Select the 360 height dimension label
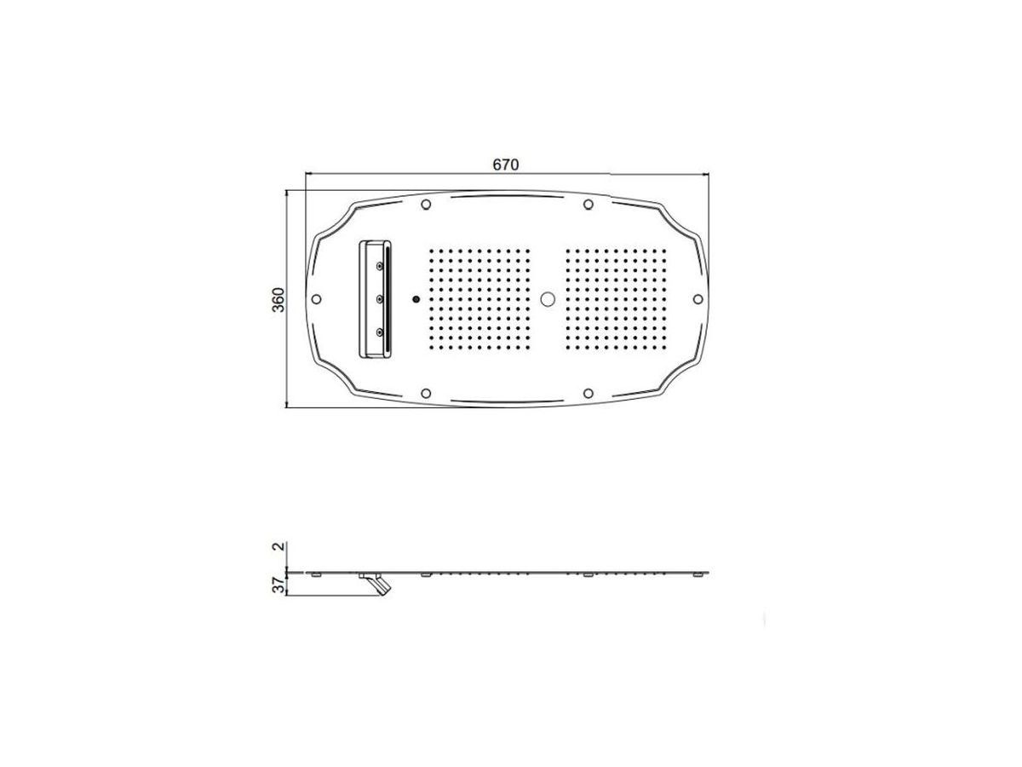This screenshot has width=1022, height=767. coord(278,299)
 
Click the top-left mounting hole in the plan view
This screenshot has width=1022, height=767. coord(425,205)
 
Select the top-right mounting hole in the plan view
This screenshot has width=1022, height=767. coord(588,205)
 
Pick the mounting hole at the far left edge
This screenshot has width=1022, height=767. coord(317,299)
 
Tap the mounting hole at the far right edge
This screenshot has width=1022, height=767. coord(697,299)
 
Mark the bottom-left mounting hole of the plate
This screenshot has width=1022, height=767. coord(425,393)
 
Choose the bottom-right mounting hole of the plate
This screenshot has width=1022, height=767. coord(588,393)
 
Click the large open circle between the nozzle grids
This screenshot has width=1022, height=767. coord(548,299)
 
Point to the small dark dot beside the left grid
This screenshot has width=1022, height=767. coord(415,299)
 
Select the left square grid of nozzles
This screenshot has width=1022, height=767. coord(479,299)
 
